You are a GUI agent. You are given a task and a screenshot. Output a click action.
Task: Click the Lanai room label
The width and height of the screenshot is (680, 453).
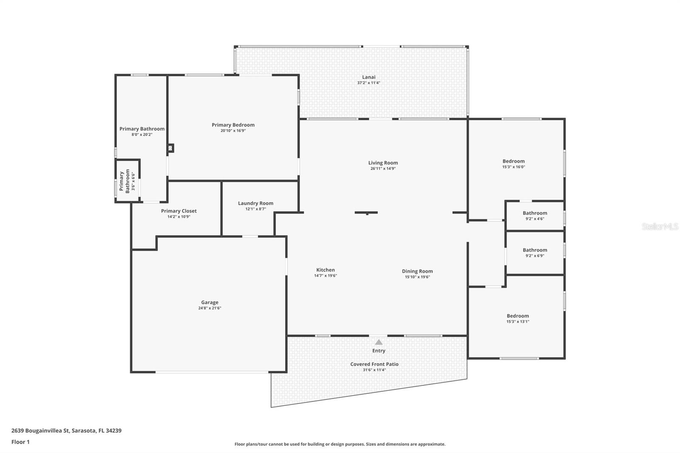[368, 77]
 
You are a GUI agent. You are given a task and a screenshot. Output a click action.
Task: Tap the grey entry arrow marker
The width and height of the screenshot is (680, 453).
[379, 342]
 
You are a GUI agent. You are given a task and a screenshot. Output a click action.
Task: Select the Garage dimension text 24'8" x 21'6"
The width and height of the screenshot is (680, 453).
[210, 308]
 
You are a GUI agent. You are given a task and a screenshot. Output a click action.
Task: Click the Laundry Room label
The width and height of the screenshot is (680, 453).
[255, 203]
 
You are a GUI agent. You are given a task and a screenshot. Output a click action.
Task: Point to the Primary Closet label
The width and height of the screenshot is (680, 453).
[178, 211]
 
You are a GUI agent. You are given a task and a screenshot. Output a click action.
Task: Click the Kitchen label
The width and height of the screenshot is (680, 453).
[326, 270]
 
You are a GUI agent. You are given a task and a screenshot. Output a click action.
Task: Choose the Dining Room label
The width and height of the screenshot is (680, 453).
[417, 271]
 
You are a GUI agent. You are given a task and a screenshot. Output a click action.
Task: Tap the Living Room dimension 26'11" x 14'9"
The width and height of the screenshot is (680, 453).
[383, 169]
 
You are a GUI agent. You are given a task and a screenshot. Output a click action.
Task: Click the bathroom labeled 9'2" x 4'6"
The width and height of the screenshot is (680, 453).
[535, 215]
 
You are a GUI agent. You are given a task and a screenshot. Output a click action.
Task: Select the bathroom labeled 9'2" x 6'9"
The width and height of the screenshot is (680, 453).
[535, 252]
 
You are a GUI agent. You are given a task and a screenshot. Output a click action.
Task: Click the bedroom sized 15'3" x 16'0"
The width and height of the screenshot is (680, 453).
[513, 164]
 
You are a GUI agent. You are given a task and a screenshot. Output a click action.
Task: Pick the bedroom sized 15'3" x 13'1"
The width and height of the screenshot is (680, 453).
[518, 318]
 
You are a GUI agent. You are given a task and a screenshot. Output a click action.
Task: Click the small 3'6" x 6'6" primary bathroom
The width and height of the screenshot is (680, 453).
[127, 181]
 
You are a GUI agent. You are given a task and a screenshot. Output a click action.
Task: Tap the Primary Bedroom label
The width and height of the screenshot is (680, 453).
[233, 125]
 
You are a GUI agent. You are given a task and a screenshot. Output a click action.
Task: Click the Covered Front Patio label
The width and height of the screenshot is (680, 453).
[374, 364]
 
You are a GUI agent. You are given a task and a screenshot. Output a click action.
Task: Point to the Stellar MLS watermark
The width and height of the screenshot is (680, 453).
[660, 227]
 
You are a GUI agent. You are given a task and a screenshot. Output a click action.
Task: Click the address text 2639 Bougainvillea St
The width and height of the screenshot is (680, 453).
[66, 430]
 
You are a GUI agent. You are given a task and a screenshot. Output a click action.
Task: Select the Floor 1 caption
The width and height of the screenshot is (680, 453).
[20, 442]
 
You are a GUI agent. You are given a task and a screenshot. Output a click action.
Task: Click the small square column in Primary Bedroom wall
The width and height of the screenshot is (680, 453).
[170, 148]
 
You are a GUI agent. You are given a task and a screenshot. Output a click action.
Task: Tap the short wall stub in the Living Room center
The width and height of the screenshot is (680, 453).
[366, 212]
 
